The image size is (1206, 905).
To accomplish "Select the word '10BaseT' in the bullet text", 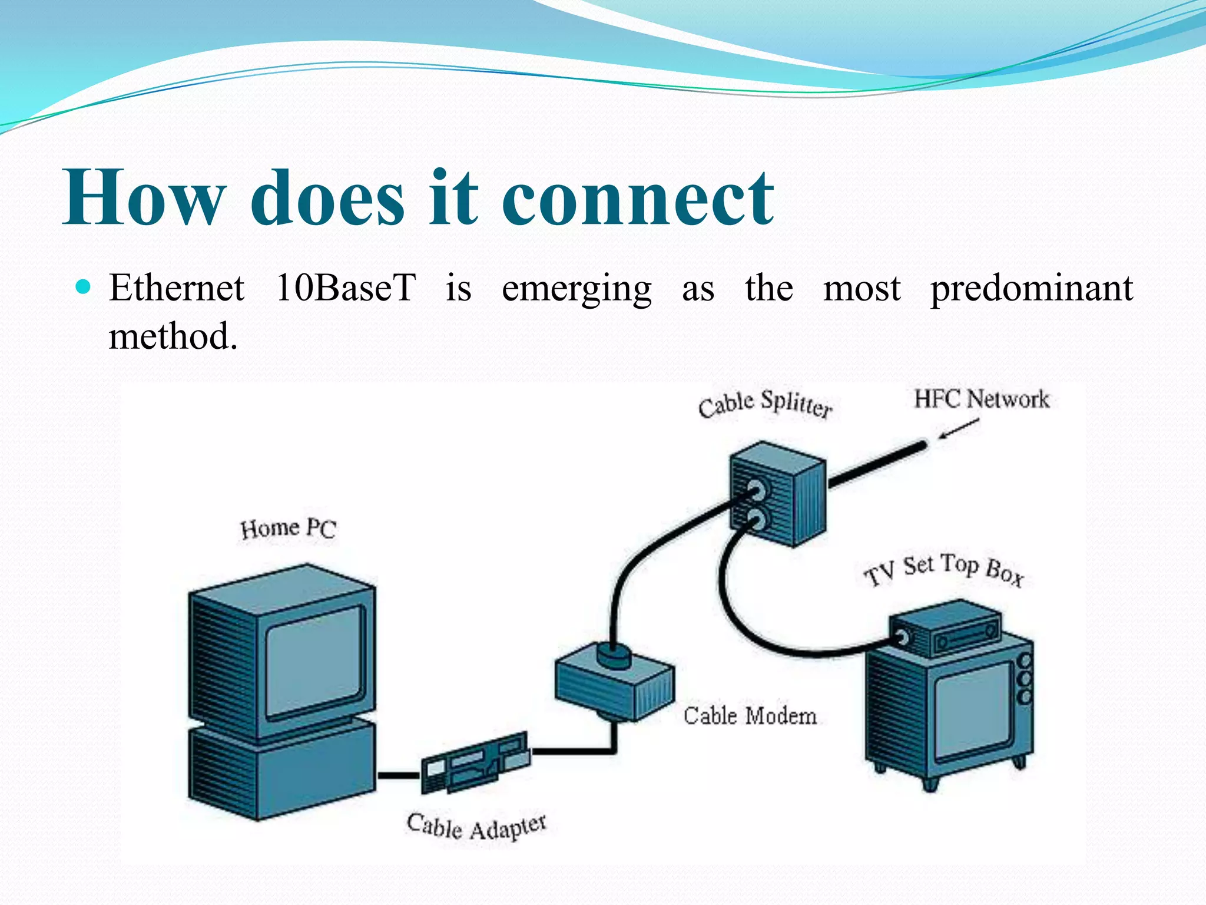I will coord(346,288).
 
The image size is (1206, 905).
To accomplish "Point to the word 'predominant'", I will coord(1031,289).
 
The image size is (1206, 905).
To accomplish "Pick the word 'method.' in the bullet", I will coord(173,336).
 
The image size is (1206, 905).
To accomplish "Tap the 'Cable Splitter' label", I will coord(765,404).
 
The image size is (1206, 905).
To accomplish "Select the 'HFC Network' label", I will coord(982,399).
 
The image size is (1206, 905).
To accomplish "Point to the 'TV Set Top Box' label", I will coord(944,569).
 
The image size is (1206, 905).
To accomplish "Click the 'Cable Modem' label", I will coord(750,716).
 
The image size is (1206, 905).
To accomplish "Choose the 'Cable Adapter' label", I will coord(476,826).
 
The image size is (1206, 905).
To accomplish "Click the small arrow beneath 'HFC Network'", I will coord(959,429).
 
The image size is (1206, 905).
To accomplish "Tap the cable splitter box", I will coord(777,494).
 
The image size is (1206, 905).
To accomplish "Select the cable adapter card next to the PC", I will coord(475,762).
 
